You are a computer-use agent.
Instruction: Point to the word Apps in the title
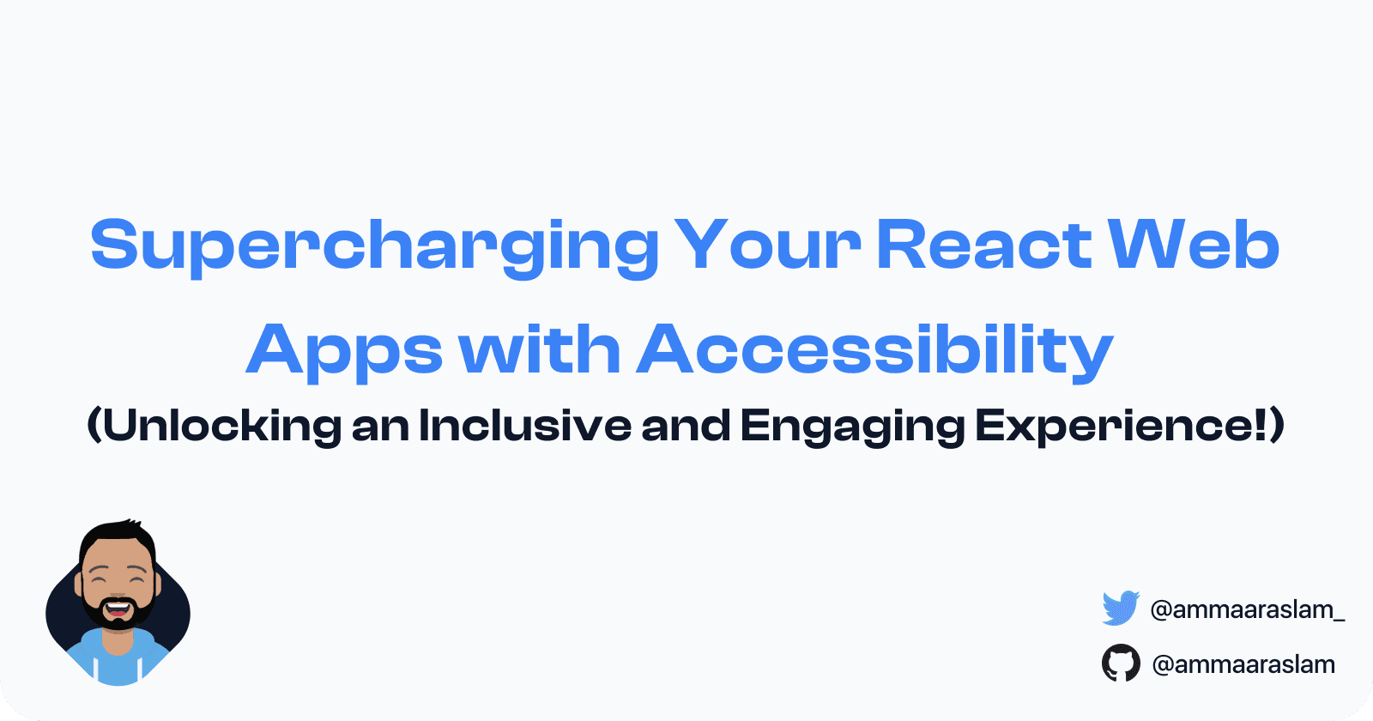(344, 352)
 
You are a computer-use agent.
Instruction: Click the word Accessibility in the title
(874, 352)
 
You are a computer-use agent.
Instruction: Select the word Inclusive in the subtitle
(524, 425)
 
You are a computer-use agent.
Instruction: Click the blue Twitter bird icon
(1121, 609)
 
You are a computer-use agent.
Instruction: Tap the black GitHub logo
(1121, 663)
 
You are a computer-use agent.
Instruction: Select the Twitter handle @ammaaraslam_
(1248, 609)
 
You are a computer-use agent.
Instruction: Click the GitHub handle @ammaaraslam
(1243, 664)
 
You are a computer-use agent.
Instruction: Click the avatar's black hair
(118, 536)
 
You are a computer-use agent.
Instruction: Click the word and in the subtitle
(686, 425)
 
